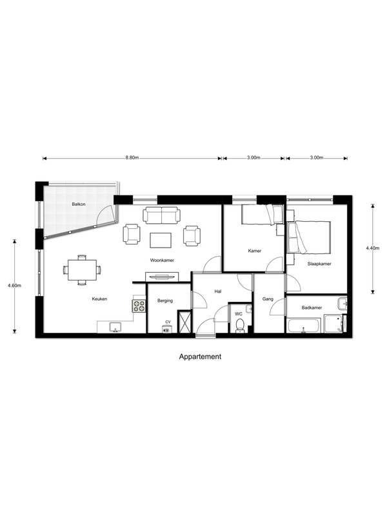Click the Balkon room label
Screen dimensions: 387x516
point(79,204)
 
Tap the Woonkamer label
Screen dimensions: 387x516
point(162,261)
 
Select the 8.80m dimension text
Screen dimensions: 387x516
point(132,157)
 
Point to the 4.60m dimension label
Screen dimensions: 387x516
point(14,285)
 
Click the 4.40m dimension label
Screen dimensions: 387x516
point(373,248)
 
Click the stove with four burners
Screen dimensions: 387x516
point(139,306)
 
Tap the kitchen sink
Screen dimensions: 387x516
point(115,327)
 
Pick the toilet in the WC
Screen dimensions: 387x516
point(239,325)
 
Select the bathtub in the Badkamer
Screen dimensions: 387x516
point(304,326)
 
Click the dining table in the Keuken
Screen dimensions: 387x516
point(83,270)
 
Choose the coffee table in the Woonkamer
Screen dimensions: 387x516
point(161,240)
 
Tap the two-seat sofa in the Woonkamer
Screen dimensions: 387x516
point(162,215)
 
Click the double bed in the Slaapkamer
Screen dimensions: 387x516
point(309,237)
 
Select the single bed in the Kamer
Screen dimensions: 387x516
point(262,215)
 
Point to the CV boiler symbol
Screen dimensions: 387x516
point(167,330)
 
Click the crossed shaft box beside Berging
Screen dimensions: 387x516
point(184,321)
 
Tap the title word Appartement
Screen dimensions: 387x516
point(200,357)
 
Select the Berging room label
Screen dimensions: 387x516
point(165,301)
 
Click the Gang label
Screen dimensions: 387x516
point(268,299)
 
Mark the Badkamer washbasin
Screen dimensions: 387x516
point(342,303)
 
